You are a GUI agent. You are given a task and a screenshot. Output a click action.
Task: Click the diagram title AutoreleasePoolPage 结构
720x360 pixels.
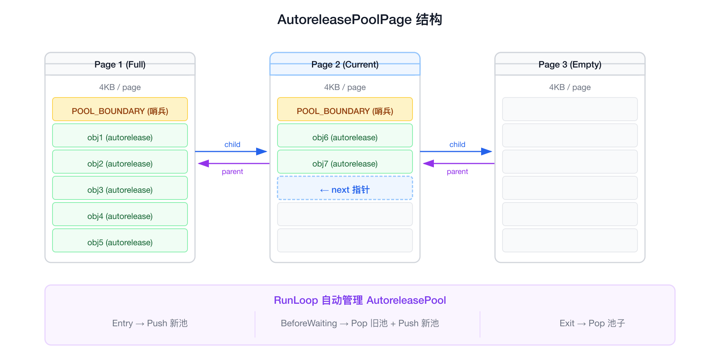click(x=360, y=19)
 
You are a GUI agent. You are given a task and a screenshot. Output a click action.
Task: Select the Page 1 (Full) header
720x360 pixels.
click(x=120, y=64)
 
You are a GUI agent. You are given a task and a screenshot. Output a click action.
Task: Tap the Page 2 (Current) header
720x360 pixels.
click(x=345, y=64)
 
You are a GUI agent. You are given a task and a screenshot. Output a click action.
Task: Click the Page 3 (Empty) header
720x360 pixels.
click(x=570, y=64)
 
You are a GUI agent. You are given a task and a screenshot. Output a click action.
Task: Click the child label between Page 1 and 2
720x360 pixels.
click(x=232, y=144)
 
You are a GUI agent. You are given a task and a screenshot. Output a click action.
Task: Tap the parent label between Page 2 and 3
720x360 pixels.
click(x=457, y=172)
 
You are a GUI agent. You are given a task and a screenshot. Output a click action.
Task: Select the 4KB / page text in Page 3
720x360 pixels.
click(x=570, y=87)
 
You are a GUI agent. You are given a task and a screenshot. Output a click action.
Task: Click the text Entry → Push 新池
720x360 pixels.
click(x=150, y=323)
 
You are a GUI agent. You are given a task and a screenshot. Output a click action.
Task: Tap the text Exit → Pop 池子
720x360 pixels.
click(x=592, y=323)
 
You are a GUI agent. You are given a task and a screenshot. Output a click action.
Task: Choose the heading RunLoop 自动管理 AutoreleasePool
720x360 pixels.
click(x=360, y=300)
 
